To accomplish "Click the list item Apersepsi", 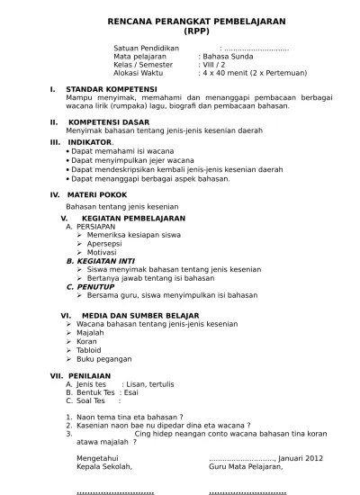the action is click(106, 244).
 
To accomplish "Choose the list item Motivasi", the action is click(102, 252).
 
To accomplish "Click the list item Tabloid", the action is click(91, 350).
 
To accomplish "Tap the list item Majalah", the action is click(91, 332).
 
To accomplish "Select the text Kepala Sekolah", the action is click(104, 466).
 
